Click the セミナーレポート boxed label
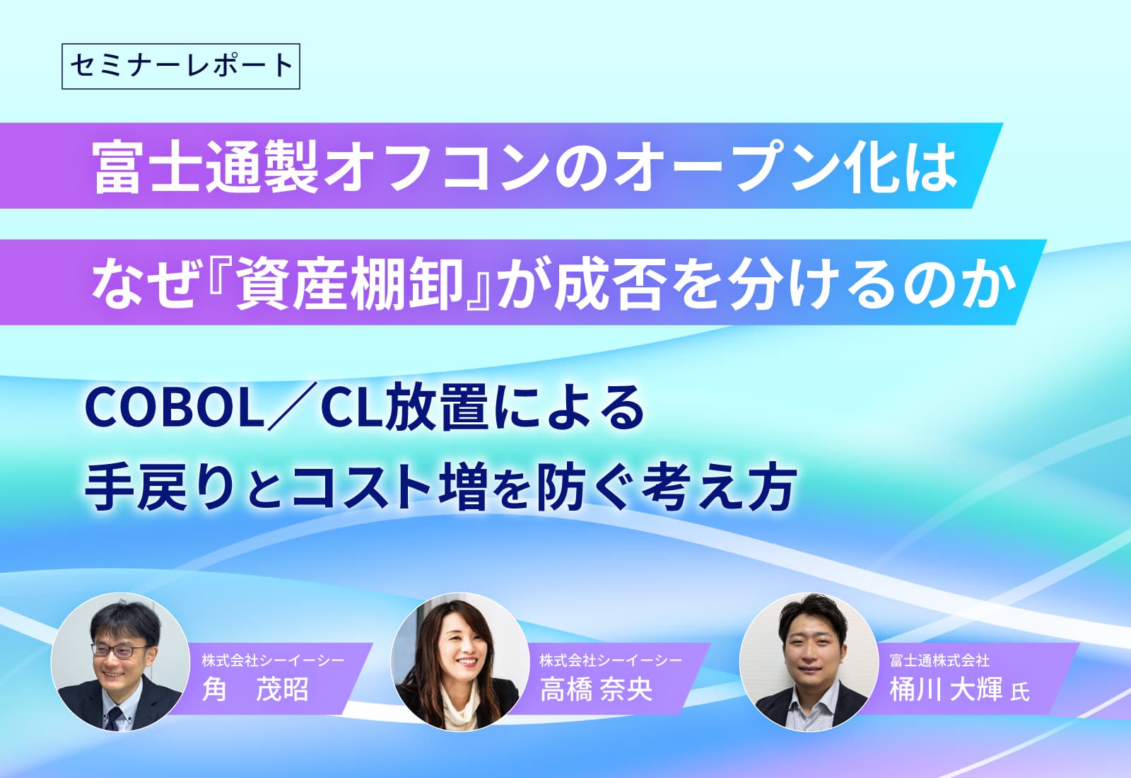[181, 66]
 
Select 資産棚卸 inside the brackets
[349, 282]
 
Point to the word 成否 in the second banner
[611, 282]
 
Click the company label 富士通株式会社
[939, 660]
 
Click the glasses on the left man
[119, 651]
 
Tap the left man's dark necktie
[114, 718]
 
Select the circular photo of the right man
[809, 662]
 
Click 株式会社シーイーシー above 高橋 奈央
[611, 660]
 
